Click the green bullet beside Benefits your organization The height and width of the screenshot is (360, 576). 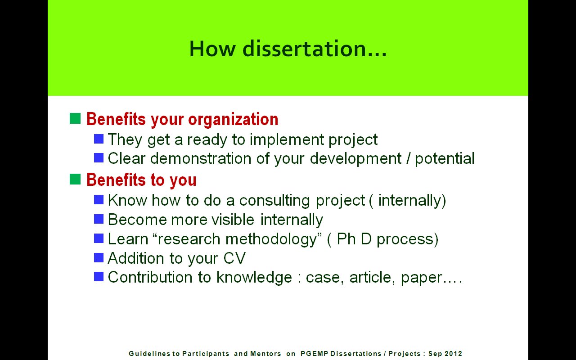75,118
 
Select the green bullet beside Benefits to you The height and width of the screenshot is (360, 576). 75,179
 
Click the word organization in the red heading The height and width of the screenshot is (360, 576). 233,120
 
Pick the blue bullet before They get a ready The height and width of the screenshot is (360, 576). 99,139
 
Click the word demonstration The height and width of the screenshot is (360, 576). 201,158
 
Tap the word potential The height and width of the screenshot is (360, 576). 445,159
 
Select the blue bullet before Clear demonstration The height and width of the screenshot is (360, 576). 99,158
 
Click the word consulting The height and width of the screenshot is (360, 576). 274,201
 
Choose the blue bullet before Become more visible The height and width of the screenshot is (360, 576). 99,219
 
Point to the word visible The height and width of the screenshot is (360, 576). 233,220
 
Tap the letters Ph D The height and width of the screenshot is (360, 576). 354,238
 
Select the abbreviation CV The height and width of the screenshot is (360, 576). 234,258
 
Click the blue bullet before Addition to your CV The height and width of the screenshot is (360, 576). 99,257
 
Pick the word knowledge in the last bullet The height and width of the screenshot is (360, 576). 254,278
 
